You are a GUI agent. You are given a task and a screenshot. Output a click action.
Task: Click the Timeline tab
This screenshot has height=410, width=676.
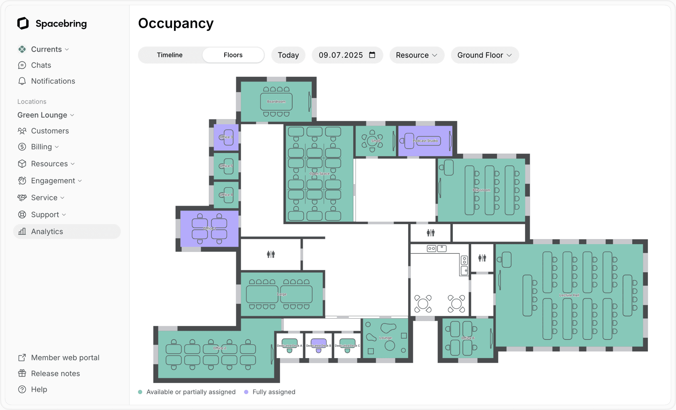170,55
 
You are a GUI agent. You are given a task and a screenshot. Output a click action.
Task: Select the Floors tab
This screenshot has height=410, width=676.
233,55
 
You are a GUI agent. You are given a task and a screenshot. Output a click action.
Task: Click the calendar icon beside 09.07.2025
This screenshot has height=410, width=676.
372,55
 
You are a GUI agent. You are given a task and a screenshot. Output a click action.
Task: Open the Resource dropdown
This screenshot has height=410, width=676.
417,55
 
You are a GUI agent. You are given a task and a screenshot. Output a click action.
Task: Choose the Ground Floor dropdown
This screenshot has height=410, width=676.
484,55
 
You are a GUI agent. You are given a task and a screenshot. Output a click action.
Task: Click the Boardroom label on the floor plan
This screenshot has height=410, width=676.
276,101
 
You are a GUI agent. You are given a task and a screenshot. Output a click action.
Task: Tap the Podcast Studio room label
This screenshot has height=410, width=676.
425,141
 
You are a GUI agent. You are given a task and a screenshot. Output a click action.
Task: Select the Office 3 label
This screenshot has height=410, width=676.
226,137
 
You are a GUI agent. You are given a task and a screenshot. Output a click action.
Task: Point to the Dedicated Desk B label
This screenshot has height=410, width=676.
318,346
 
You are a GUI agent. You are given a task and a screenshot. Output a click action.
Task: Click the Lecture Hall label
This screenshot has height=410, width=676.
569,295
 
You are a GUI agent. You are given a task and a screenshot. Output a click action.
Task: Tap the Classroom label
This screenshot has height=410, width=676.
481,190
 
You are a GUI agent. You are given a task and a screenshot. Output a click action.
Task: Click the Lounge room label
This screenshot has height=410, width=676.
385,338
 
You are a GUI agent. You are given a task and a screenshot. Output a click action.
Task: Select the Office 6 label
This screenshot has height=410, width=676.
468,338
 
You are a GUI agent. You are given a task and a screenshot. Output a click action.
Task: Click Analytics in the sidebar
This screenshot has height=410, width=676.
47,232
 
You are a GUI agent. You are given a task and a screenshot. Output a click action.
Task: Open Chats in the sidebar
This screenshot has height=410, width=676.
41,65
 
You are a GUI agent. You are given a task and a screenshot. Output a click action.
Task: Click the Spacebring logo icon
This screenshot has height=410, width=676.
23,23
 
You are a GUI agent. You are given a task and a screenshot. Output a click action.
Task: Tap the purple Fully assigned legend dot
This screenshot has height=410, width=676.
246,392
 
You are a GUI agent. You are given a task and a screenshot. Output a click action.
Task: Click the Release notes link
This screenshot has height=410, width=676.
55,373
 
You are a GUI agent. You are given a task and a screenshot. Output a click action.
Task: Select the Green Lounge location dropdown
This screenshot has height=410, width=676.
46,115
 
